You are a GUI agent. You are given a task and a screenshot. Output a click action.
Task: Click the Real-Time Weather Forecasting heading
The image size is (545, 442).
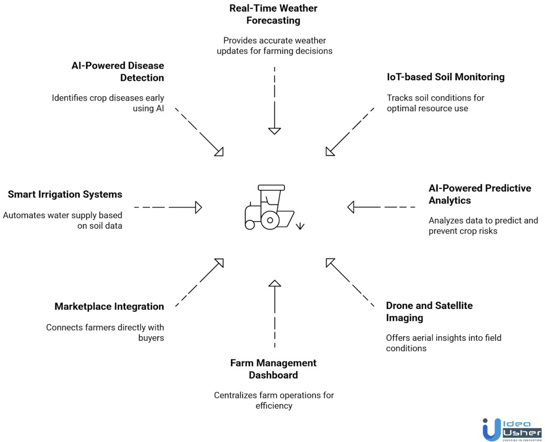(274, 14)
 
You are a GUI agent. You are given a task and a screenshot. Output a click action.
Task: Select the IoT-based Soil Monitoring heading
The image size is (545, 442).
(445, 77)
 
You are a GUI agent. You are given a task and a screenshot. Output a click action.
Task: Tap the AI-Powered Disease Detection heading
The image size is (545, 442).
(118, 71)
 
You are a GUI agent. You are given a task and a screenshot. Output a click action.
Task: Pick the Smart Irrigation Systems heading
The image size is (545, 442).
(65, 195)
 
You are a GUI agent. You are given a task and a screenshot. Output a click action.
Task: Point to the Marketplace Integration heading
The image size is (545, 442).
(109, 306)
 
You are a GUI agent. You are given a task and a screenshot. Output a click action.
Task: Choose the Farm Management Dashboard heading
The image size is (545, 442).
(274, 369)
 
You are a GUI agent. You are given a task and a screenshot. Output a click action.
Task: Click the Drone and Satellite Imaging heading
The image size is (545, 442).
(429, 312)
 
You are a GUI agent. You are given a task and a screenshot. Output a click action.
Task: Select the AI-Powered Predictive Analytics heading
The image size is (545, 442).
(480, 194)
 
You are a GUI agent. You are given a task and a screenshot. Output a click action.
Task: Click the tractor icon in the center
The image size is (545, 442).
(269, 207)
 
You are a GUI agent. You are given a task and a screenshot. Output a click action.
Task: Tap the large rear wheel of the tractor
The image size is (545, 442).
(270, 219)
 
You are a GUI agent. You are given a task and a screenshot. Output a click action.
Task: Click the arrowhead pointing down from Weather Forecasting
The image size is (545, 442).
(274, 131)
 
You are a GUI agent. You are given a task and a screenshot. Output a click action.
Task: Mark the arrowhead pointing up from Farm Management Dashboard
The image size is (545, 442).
(274, 283)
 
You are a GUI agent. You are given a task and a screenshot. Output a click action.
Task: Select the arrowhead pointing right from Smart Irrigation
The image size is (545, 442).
(199, 207)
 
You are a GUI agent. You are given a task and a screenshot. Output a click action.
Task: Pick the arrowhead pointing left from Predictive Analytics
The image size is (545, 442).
(351, 207)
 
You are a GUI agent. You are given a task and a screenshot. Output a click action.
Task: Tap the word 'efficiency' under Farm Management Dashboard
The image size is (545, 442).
(274, 406)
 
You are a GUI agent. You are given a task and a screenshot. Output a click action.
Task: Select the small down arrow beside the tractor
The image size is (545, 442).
(300, 226)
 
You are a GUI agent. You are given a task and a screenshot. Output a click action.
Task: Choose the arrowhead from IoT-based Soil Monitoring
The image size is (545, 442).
(329, 152)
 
